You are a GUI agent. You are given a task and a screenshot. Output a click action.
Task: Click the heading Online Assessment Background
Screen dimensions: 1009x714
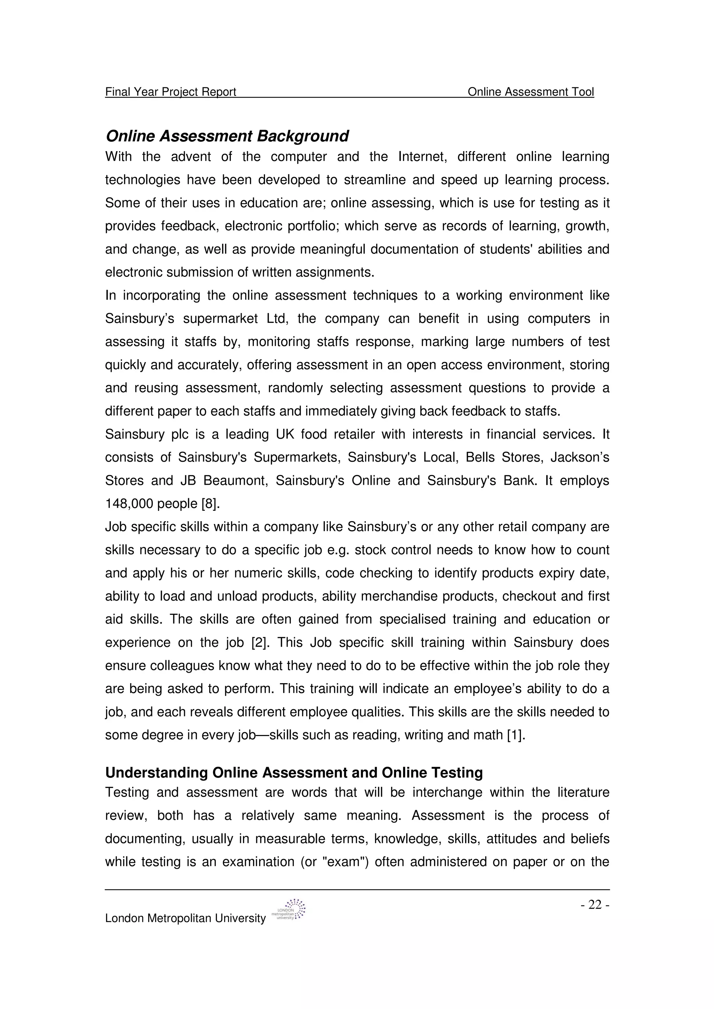[227, 136]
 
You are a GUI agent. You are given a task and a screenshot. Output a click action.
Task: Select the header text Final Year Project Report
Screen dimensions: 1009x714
[171, 92]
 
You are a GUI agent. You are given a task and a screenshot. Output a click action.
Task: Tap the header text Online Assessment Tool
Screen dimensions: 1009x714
[531, 92]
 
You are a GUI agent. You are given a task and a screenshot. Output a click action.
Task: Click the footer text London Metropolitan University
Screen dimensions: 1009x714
[185, 918]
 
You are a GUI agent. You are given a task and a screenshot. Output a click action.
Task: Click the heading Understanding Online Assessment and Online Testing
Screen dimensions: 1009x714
[294, 773]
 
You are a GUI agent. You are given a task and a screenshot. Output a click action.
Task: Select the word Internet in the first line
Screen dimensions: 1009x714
[422, 157]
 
